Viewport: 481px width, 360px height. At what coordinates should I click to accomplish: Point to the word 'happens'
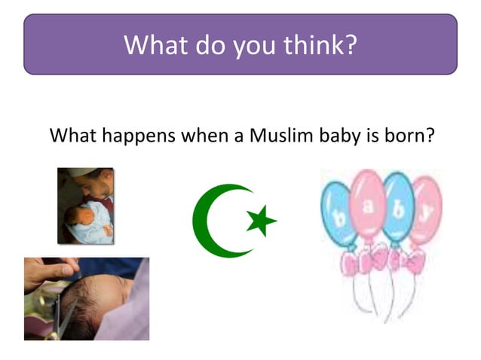pyautogui.click(x=130, y=137)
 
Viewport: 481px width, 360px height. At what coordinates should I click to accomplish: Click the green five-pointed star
pyautogui.click(x=261, y=221)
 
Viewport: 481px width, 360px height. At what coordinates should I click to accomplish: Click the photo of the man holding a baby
pyautogui.click(x=84, y=205)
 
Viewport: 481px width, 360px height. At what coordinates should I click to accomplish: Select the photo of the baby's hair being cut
pyautogui.click(x=86, y=298)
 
